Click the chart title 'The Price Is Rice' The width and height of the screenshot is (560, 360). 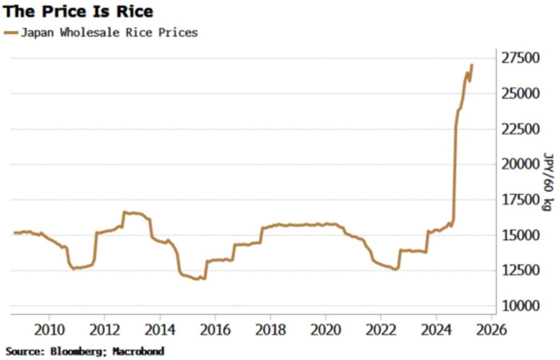click(78, 11)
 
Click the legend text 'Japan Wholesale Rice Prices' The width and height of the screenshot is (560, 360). click(109, 33)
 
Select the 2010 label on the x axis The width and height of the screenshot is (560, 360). click(49, 330)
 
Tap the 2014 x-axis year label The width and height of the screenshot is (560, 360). click(160, 330)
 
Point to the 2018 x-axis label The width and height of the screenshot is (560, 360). click(270, 330)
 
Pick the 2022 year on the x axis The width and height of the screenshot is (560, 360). click(381, 330)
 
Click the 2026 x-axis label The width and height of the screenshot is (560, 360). click(491, 330)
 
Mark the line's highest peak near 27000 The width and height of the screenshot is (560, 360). click(472, 65)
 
